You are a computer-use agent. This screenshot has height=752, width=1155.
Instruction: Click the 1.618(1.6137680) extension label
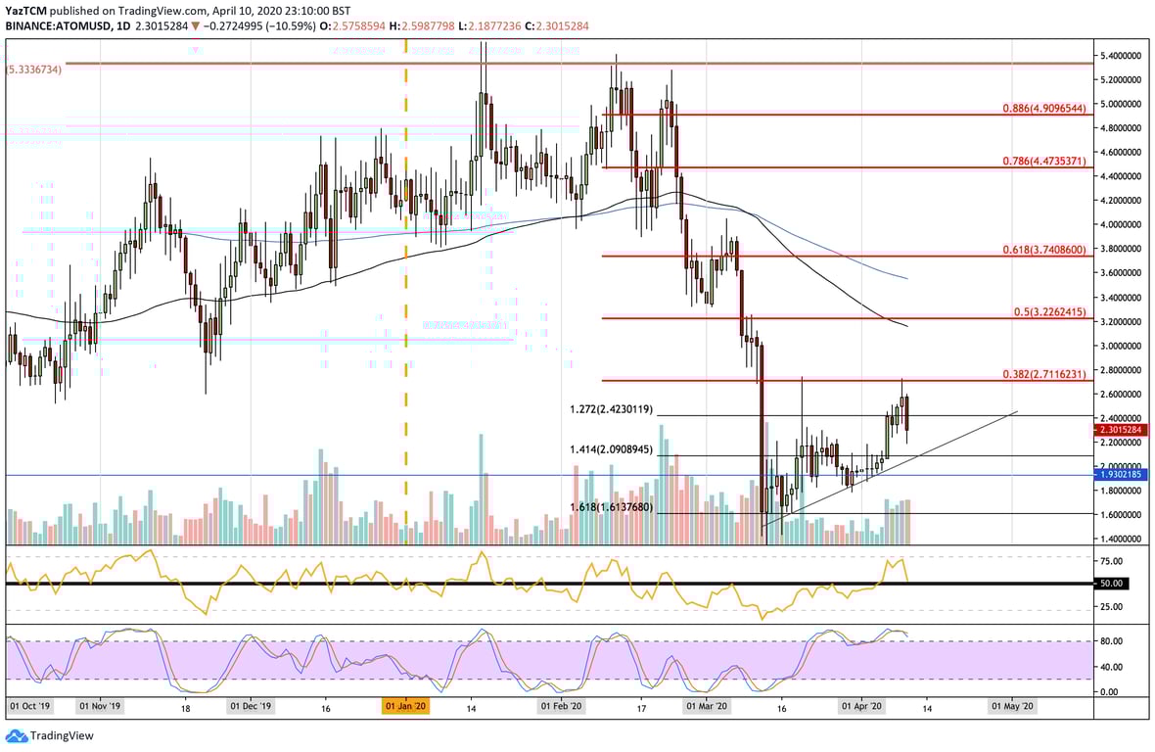pyautogui.click(x=612, y=507)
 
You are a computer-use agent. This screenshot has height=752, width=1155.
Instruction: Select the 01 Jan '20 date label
pyautogui.click(x=404, y=705)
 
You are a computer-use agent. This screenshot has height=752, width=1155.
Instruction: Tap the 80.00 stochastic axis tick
pyautogui.click(x=1109, y=641)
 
